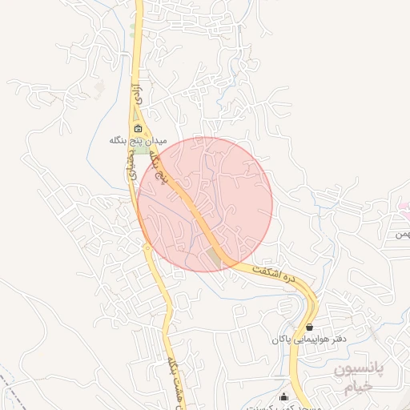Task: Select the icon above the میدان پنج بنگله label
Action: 138,129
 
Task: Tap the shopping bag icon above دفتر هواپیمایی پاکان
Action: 310,327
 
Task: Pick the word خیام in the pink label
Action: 358,388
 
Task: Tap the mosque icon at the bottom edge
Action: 283,397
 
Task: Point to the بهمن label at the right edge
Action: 401,235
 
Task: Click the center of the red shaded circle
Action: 205,204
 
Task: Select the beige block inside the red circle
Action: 213,256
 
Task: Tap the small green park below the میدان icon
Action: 140,151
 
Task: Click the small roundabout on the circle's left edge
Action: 147,247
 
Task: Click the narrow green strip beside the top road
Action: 134,30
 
